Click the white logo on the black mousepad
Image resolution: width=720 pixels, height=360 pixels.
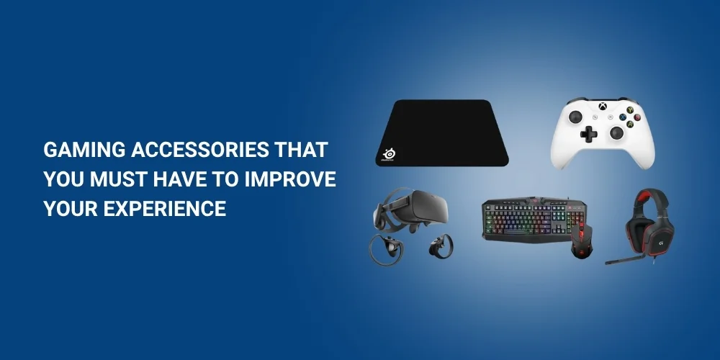pyautogui.click(x=390, y=153)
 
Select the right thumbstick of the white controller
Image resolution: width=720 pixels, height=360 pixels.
pyautogui.click(x=617, y=132)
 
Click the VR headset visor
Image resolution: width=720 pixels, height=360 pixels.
pyautogui.click(x=415, y=209)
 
